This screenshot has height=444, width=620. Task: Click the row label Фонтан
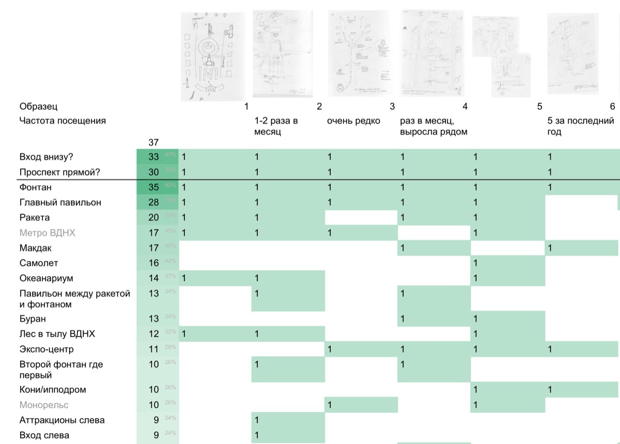35,187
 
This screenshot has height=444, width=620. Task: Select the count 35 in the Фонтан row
153,187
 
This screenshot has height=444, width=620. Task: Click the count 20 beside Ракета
153,217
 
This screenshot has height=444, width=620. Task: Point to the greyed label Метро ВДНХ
47,233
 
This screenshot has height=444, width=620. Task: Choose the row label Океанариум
47,278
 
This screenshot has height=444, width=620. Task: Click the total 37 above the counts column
153,142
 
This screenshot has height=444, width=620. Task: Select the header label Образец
38,107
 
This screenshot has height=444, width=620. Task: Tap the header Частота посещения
62,121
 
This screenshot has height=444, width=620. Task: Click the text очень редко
353,121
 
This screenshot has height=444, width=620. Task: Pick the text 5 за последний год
581,126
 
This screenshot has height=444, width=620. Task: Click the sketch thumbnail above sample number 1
214,56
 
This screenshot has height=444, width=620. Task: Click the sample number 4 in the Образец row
465,107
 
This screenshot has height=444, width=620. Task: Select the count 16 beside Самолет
153,263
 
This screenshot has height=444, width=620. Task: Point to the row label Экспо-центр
50,349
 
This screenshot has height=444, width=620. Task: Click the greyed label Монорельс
44,405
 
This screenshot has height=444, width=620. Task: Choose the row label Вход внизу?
50,157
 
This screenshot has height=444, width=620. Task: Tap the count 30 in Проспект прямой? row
153,172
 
